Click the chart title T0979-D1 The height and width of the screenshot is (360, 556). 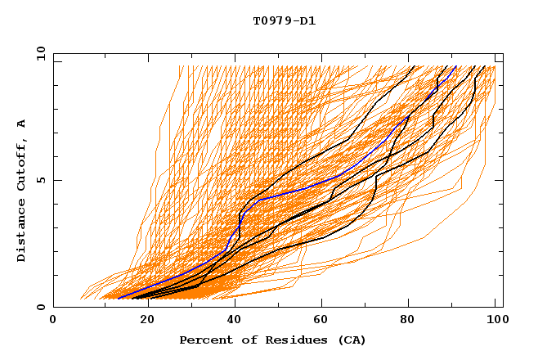click(284, 21)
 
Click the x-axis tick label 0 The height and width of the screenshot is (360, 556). click(53, 321)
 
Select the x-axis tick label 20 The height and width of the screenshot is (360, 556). click(142, 321)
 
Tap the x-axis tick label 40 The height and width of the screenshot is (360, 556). click(231, 321)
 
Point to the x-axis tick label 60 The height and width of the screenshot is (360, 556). click(319, 321)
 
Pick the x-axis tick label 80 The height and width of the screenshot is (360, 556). click(407, 321)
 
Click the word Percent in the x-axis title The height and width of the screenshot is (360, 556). click(204, 340)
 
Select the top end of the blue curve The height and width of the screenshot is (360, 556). click(455, 66)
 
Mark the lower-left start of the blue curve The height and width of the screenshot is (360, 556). click(119, 296)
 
